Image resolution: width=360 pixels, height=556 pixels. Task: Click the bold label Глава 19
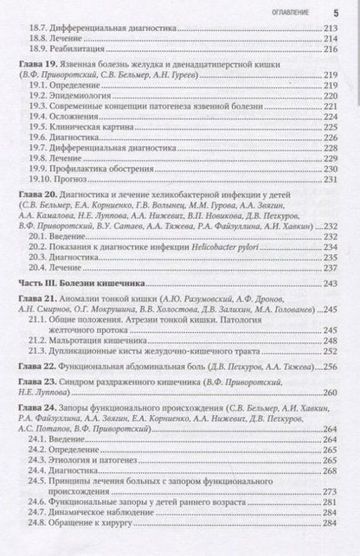click(x=40, y=66)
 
